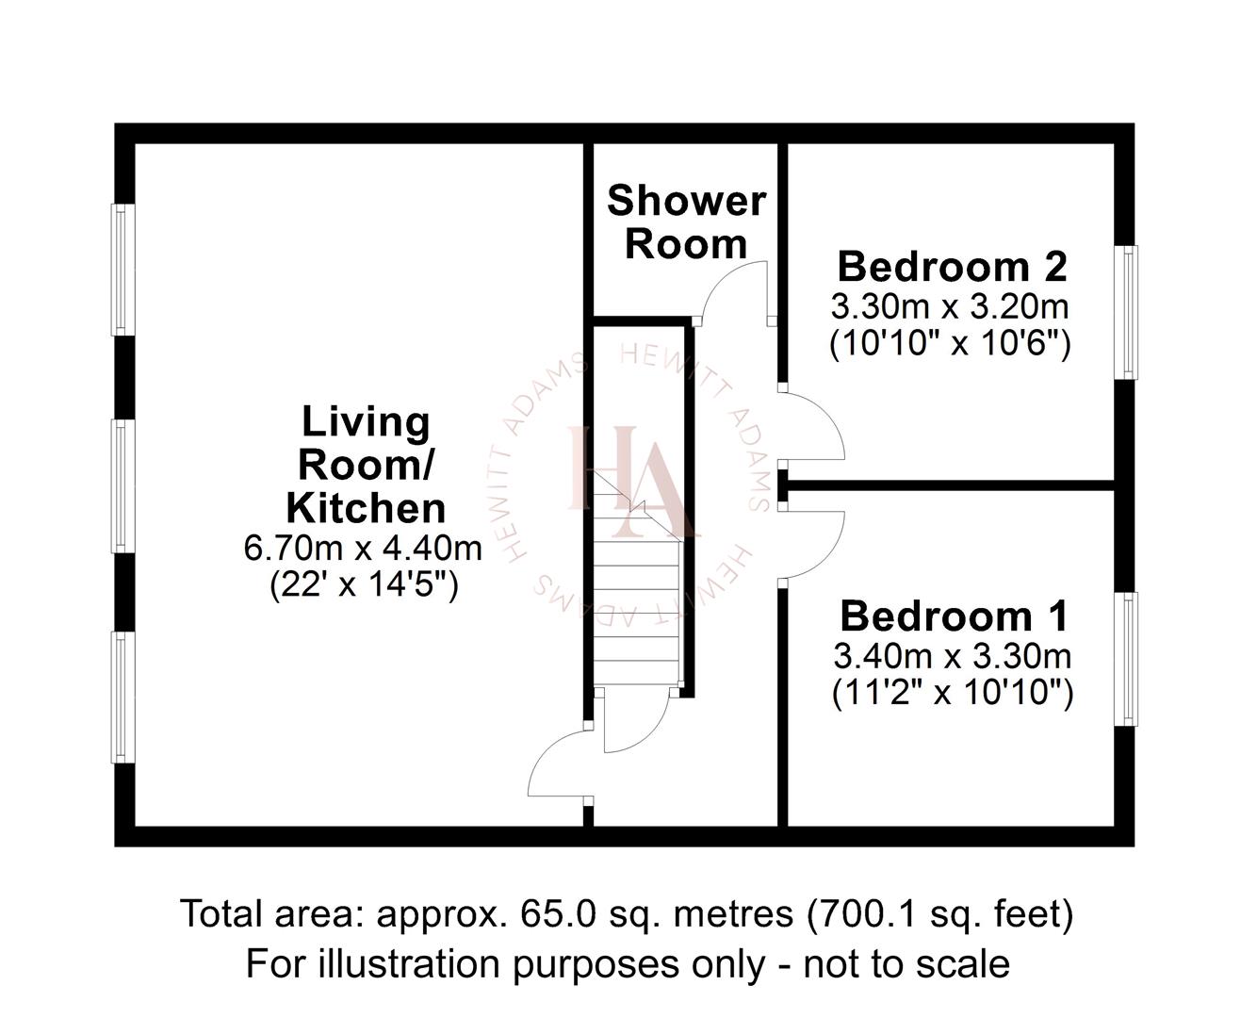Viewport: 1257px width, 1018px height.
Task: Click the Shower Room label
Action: pos(686,222)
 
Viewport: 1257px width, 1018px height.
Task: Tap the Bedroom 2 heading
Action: pos(952,267)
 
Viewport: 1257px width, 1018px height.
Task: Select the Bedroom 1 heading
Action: pos(954,616)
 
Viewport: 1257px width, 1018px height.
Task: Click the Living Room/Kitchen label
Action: pos(366,465)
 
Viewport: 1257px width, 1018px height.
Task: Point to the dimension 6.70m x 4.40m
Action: pos(363,548)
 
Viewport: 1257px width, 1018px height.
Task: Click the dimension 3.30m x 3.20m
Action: pos(950,306)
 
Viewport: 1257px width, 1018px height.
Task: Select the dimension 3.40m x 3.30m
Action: pos(952,655)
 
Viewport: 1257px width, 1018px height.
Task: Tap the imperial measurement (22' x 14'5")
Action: pos(364,585)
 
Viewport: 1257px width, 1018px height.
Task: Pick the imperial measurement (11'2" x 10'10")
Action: pos(953,694)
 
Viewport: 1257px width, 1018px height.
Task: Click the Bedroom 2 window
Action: pos(1125,313)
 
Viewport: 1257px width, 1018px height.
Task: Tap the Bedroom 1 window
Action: pos(1125,659)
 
